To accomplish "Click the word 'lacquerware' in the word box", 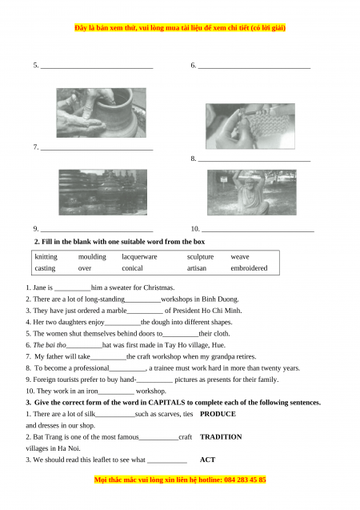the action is point(139,257).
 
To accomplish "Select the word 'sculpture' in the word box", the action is point(200,257).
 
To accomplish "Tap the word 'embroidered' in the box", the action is point(249,268).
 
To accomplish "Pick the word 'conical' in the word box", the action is point(132,268).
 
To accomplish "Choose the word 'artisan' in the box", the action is point(197,268).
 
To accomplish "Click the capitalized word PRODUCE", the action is point(218,414).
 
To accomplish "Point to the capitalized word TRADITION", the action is point(221,437).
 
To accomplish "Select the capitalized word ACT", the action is point(208,460).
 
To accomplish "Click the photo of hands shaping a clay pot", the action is point(101,113).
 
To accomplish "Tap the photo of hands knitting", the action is point(250,126).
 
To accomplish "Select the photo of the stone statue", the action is point(252,192).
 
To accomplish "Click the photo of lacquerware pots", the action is point(102,192).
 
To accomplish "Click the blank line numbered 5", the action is point(97,68).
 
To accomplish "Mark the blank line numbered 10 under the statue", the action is point(258,231).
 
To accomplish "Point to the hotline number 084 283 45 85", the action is point(245,480).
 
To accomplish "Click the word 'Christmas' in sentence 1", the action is point(158,287).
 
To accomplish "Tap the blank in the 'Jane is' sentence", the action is point(73,291).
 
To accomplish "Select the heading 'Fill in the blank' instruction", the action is point(119,242).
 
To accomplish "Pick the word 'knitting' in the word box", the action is point(46,257).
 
